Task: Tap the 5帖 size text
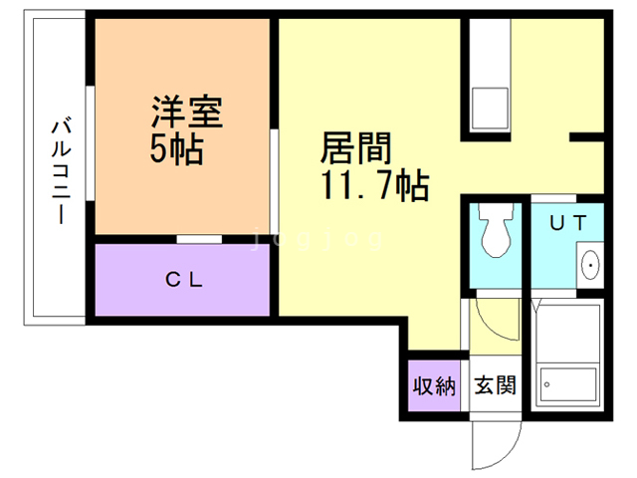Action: (x=177, y=149)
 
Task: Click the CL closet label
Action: (x=184, y=280)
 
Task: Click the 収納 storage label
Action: (x=434, y=385)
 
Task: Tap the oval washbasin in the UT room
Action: (x=590, y=265)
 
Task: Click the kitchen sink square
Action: (x=489, y=106)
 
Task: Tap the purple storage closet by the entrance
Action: (x=434, y=385)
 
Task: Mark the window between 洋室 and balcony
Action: (x=91, y=159)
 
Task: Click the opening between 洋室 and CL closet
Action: (x=199, y=239)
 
